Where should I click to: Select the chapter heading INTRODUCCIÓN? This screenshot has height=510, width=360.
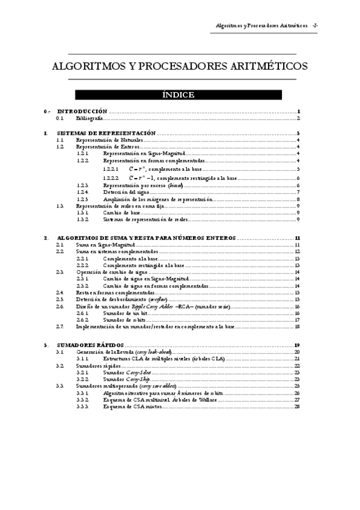click(x=82, y=112)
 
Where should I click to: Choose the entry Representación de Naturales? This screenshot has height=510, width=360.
click(x=109, y=140)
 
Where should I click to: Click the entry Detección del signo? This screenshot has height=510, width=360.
click(x=126, y=192)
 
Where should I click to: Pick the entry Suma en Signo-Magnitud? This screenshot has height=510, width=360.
click(x=104, y=245)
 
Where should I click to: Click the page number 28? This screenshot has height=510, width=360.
click(x=297, y=407)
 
